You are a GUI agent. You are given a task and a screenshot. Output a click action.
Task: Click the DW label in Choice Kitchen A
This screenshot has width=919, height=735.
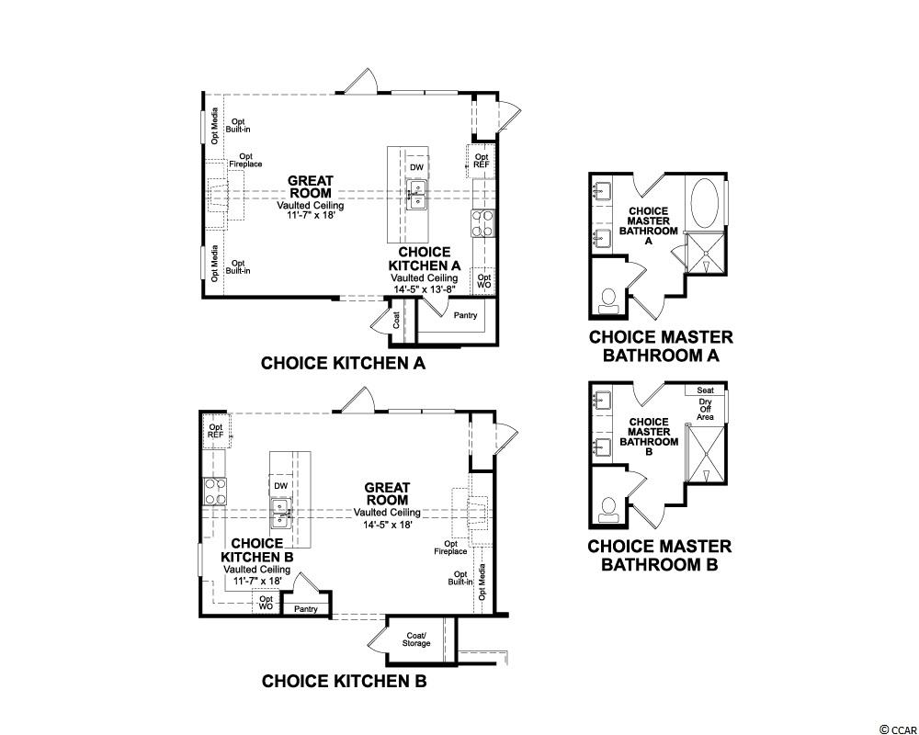coord(416,167)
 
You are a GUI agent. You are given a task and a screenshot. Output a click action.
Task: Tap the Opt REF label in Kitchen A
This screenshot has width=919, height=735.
coord(482,161)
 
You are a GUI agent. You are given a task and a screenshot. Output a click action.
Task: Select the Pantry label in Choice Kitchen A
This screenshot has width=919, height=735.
coord(465,315)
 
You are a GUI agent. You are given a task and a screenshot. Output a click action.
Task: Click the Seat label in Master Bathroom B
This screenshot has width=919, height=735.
coord(705,390)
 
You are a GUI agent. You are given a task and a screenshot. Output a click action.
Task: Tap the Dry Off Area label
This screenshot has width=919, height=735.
coord(705,409)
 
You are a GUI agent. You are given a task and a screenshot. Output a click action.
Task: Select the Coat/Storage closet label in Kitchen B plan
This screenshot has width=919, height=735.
coord(416,639)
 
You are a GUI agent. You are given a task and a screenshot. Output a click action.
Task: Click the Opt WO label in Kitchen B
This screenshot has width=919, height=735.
coord(267,603)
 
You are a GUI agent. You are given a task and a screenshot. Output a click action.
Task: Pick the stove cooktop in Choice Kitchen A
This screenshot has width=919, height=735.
coord(483,223)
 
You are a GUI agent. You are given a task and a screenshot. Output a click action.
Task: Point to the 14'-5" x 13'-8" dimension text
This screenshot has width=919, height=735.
coord(425,289)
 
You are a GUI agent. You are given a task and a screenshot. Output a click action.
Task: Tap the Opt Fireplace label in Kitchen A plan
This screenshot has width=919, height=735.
coord(245,161)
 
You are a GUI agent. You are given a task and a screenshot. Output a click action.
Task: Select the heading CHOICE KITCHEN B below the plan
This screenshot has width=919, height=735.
coord(344,681)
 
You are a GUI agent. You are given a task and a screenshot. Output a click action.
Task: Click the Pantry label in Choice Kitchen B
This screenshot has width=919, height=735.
coord(306,609)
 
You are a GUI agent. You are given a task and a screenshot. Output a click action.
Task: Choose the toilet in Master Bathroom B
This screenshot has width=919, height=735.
coord(608,510)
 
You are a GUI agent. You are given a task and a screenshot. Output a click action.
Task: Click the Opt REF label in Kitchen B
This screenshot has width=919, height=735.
coord(216,431)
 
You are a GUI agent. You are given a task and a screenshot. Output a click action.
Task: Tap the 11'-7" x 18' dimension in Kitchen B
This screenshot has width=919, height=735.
coord(256,581)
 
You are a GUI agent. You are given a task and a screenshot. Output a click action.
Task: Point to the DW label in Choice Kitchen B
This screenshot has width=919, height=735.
coord(280,486)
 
